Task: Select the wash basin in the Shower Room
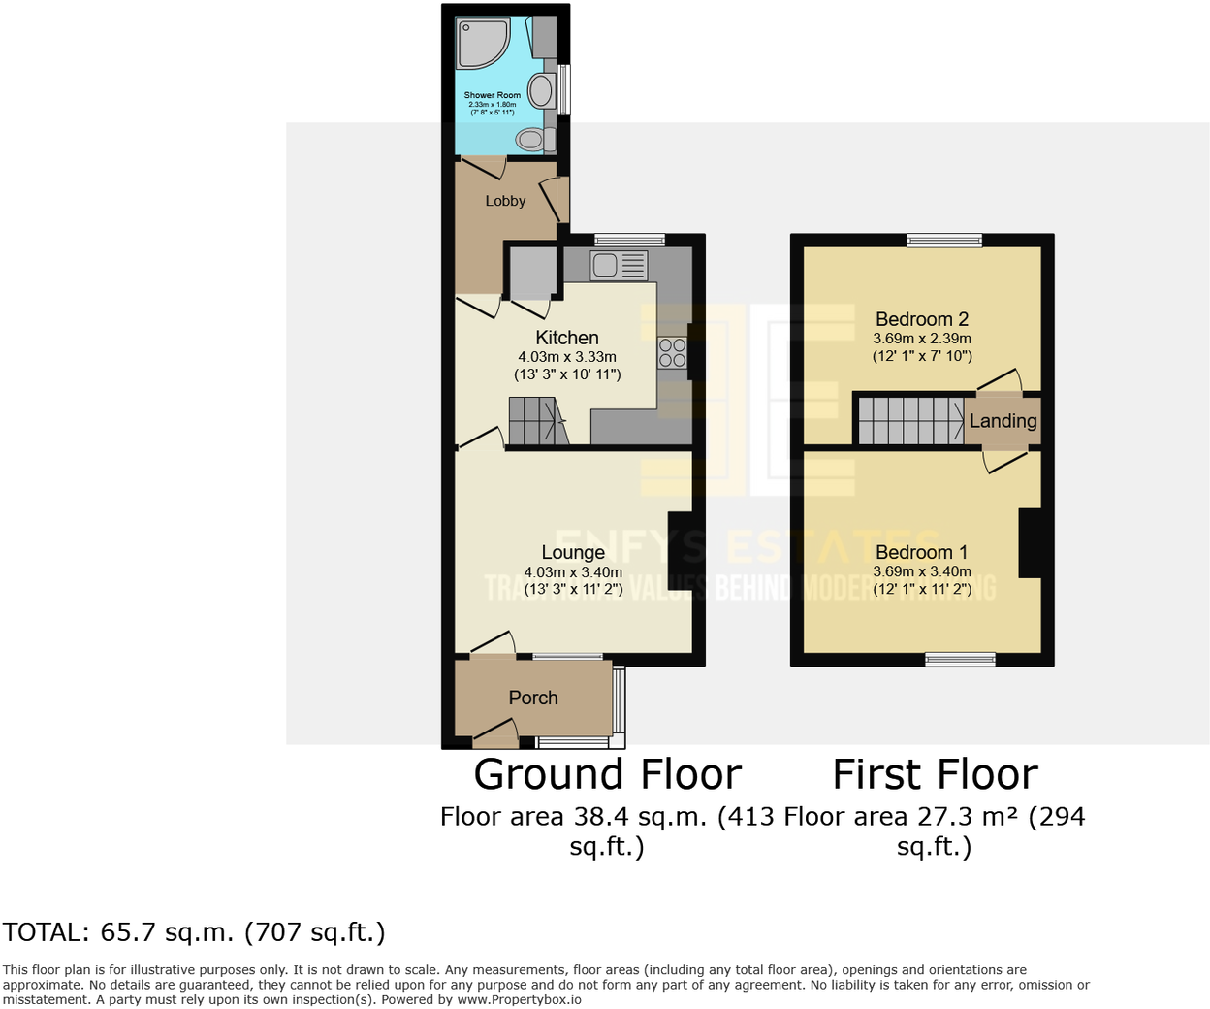click(x=542, y=91)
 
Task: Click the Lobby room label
click(x=505, y=201)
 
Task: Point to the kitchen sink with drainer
click(x=619, y=265)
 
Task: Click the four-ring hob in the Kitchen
click(x=671, y=352)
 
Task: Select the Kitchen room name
click(x=567, y=338)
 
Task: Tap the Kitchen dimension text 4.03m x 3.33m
click(x=567, y=357)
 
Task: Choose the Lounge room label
click(x=573, y=552)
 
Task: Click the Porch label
click(x=533, y=698)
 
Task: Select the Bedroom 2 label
click(x=922, y=319)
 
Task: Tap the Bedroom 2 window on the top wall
click(x=944, y=240)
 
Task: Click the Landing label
click(x=1003, y=420)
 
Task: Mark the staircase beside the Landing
click(x=909, y=420)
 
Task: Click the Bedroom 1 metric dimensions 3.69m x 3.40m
click(x=922, y=571)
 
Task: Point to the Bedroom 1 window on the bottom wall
click(x=960, y=660)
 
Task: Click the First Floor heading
click(x=935, y=774)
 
